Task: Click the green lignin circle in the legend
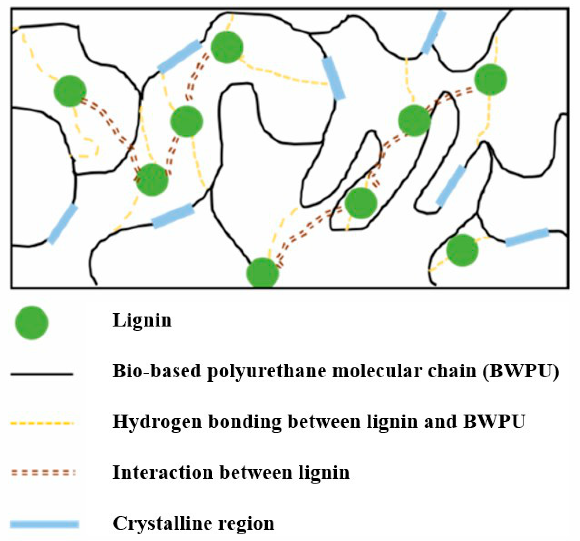tap(31, 323)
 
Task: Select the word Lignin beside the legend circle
tap(142, 321)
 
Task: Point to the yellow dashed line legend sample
tap(42, 423)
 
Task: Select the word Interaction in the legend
tap(162, 472)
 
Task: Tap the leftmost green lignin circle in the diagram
tap(70, 91)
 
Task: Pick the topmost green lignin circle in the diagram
tap(227, 47)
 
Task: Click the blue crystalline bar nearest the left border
tap(62, 224)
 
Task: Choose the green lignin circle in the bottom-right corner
tap(462, 250)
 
